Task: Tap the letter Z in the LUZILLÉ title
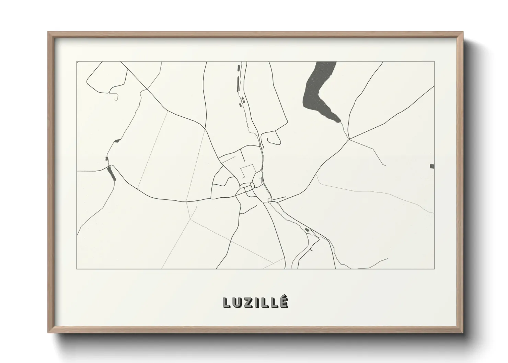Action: tap(250, 302)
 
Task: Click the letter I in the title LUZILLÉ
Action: tap(258, 302)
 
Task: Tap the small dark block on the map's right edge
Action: tap(432, 166)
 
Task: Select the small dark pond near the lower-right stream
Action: tap(307, 230)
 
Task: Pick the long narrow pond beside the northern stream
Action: tap(238, 84)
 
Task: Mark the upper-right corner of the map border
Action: tap(435, 62)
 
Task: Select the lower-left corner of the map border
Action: tap(77, 269)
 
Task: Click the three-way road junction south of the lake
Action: tap(349, 139)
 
